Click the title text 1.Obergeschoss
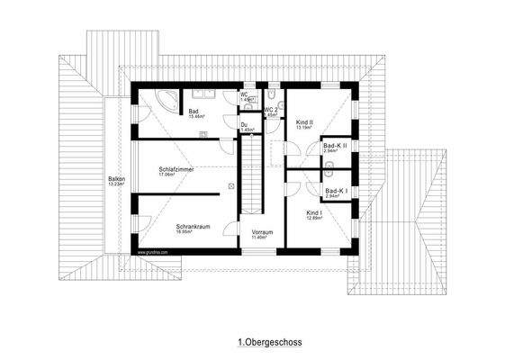point(269,343)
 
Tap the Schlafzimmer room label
point(176,168)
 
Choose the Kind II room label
point(304,121)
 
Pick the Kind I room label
point(314,212)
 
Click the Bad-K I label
point(335,190)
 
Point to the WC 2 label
point(270,110)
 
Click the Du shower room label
point(245,124)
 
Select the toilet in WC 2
point(272,94)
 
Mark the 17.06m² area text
point(177,175)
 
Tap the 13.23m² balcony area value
point(116,185)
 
